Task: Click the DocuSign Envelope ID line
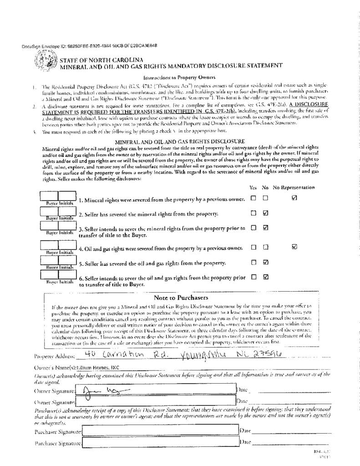pyautogui.click(x=89, y=46)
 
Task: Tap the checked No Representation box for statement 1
pyautogui.click(x=294, y=198)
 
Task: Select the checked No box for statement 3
pyautogui.click(x=266, y=228)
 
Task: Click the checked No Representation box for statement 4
pyautogui.click(x=294, y=247)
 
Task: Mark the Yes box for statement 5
pyautogui.click(x=253, y=262)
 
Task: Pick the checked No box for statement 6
pyautogui.click(x=266, y=276)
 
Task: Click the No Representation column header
pyautogui.click(x=294, y=187)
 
